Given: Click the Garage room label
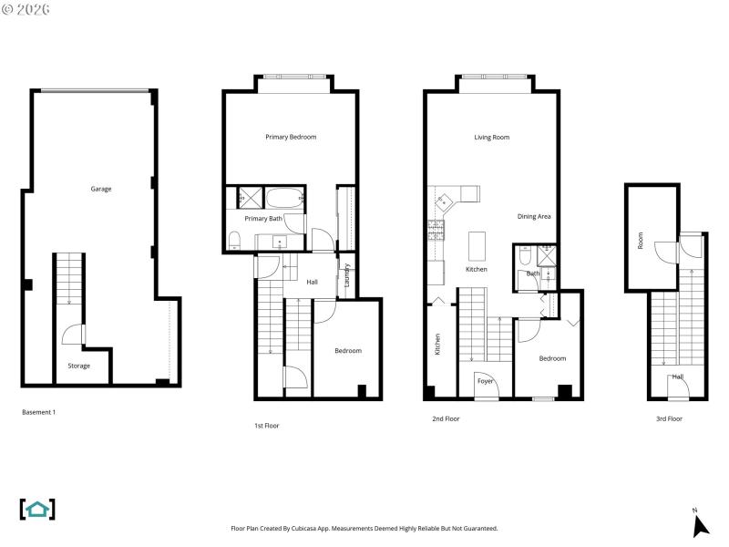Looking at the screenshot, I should click(100, 189).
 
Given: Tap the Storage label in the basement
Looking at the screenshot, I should click(78, 366).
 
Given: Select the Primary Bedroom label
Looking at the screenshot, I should click(291, 137).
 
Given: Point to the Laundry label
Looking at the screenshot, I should click(347, 276).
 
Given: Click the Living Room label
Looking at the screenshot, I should click(491, 138).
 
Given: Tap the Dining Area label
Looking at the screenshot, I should click(534, 216).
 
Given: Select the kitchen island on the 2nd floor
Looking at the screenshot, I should click(476, 245).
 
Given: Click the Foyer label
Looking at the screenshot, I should click(486, 380).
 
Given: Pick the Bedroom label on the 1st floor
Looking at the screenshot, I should click(347, 351).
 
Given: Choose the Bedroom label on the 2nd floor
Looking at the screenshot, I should click(552, 358).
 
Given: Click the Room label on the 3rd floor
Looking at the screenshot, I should click(641, 241).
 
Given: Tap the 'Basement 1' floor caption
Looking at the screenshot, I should click(39, 412).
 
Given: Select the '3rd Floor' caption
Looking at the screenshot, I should click(669, 418).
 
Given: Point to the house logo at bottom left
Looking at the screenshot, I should click(37, 509).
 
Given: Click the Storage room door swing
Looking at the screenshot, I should click(71, 337).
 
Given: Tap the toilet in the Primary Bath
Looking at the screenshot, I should click(235, 240).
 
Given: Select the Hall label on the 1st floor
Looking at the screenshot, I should click(312, 282).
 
